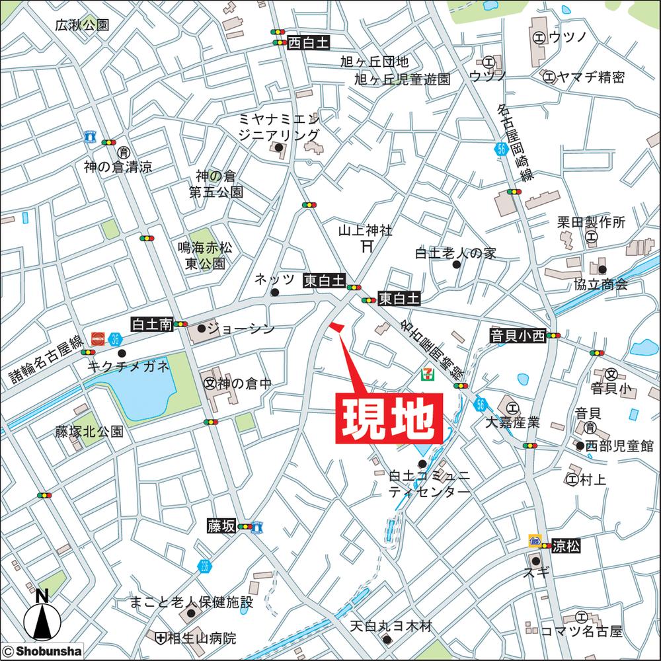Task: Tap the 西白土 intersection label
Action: pyautogui.click(x=308, y=43)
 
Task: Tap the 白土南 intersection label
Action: pyautogui.click(x=152, y=325)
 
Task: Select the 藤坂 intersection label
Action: pyautogui.click(x=221, y=525)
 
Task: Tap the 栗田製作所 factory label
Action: pyautogui.click(x=590, y=222)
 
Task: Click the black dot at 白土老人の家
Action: pyautogui.click(x=456, y=265)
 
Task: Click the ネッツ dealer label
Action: pyautogui.click(x=274, y=280)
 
